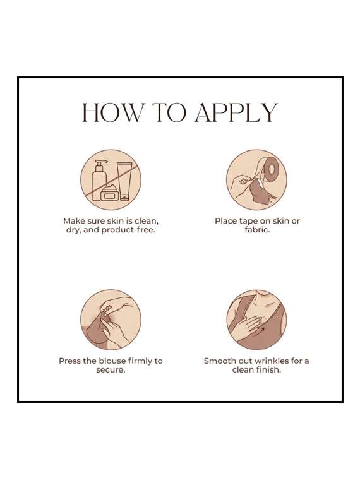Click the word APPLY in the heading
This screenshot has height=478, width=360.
pyautogui.click(x=236, y=113)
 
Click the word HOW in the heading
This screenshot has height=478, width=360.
pyautogui.click(x=111, y=113)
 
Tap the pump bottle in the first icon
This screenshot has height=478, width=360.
pyautogui.click(x=99, y=181)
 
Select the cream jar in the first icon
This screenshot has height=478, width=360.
pyautogui.click(x=110, y=193)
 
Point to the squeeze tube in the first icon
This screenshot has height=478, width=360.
pyautogui.click(x=124, y=181)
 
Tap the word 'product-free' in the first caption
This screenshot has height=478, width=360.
pyautogui.click(x=128, y=230)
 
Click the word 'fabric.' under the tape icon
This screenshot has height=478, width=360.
pyautogui.click(x=257, y=230)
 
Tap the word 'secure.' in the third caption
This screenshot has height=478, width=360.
pyautogui.click(x=111, y=370)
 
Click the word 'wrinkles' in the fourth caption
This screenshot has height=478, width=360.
pyautogui.click(x=272, y=361)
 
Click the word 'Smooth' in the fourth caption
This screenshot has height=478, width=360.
pyautogui.click(x=217, y=361)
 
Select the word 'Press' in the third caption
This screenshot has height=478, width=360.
pyautogui.click(x=70, y=361)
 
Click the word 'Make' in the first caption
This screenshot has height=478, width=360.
pyautogui.click(x=73, y=221)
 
